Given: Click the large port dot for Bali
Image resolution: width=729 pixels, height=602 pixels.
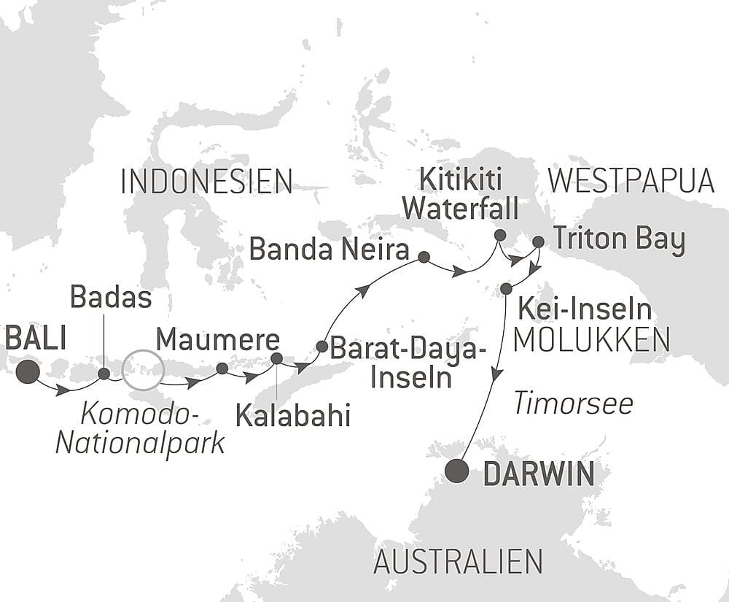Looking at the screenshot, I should click(x=28, y=371).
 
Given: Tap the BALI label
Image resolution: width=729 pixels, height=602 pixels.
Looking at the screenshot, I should click(x=36, y=339).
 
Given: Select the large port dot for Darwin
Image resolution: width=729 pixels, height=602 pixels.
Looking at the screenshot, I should click(x=457, y=471).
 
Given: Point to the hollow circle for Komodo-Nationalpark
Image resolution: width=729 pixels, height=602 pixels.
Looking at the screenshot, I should click(x=141, y=370).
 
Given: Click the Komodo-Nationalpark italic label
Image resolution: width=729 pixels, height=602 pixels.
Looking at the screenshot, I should click(x=140, y=428).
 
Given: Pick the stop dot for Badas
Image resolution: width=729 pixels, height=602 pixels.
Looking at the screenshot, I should click(x=104, y=374).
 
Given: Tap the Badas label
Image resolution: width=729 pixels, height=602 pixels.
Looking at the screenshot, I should click(x=112, y=298).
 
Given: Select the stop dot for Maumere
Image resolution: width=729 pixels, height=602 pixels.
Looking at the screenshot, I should click(x=222, y=368).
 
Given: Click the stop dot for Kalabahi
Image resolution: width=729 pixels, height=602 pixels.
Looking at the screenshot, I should click(x=276, y=358).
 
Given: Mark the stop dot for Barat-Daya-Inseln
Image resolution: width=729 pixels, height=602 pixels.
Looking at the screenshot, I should click(x=321, y=346).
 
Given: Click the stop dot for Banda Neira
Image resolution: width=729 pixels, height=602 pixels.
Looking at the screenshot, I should click(x=424, y=257).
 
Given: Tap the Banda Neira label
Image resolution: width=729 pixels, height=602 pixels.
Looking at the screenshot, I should click(x=329, y=250).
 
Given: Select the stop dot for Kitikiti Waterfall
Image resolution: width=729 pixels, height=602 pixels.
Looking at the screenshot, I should click(x=499, y=235).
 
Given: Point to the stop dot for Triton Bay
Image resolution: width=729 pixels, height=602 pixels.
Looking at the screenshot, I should click(x=538, y=241).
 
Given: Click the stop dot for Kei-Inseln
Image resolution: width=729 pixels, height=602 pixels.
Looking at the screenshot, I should click(x=506, y=289).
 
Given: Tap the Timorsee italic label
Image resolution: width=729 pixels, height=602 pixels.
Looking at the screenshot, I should click(x=573, y=404).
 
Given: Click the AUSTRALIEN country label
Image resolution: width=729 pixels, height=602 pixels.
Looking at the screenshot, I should click(x=458, y=562).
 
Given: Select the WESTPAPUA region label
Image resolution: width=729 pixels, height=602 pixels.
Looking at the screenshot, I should click(x=631, y=182).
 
